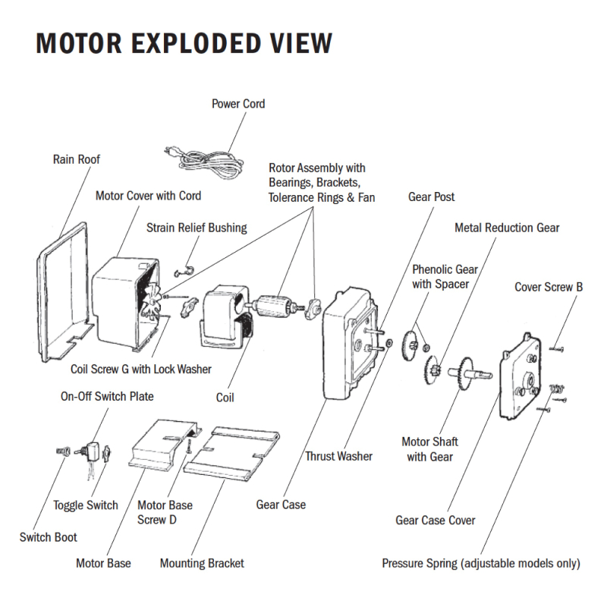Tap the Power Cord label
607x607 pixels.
[x=238, y=103]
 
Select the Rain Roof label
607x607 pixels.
[x=76, y=159]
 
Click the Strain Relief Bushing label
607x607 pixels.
[x=197, y=228]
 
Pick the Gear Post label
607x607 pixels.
[x=432, y=197]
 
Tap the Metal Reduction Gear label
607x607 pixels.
[x=507, y=228]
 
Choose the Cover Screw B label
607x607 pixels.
[x=549, y=287]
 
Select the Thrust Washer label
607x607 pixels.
[x=338, y=456]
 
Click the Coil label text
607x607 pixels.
[x=225, y=397]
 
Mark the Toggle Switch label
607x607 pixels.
[x=86, y=505]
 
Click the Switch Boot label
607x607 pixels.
[x=49, y=537]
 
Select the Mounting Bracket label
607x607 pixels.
[x=202, y=563]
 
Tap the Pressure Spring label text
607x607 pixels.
[x=481, y=563]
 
